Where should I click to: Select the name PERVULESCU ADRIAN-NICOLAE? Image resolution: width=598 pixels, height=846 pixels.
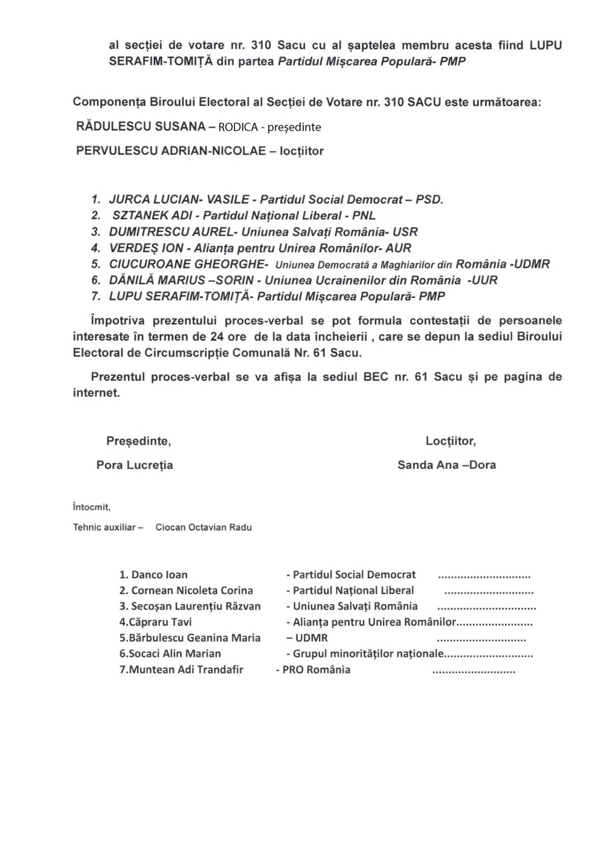[171, 151]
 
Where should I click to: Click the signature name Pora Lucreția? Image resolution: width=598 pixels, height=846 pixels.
[135, 465]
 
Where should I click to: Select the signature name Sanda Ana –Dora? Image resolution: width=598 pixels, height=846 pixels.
[446, 465]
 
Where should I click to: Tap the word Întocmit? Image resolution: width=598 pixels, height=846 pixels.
[91, 508]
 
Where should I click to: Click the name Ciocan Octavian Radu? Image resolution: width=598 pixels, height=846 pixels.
[204, 528]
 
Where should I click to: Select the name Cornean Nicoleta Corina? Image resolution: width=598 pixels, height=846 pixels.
[192, 591]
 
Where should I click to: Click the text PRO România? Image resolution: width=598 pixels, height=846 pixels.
[317, 670]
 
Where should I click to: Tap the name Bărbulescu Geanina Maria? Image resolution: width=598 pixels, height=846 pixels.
[195, 638]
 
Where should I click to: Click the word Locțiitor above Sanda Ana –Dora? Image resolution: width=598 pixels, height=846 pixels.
[451, 442]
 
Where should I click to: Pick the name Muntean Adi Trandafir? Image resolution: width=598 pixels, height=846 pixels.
[186, 670]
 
